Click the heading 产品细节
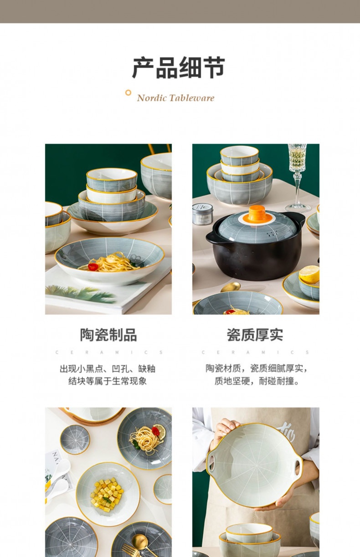[179, 68]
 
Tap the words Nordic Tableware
[175, 98]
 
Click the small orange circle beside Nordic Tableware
[128, 93]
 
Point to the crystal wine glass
[297, 173]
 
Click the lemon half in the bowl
[309, 274]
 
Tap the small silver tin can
[202, 213]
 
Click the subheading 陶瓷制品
[108, 335]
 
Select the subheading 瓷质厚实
[255, 335]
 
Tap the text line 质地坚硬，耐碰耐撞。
[257, 381]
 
